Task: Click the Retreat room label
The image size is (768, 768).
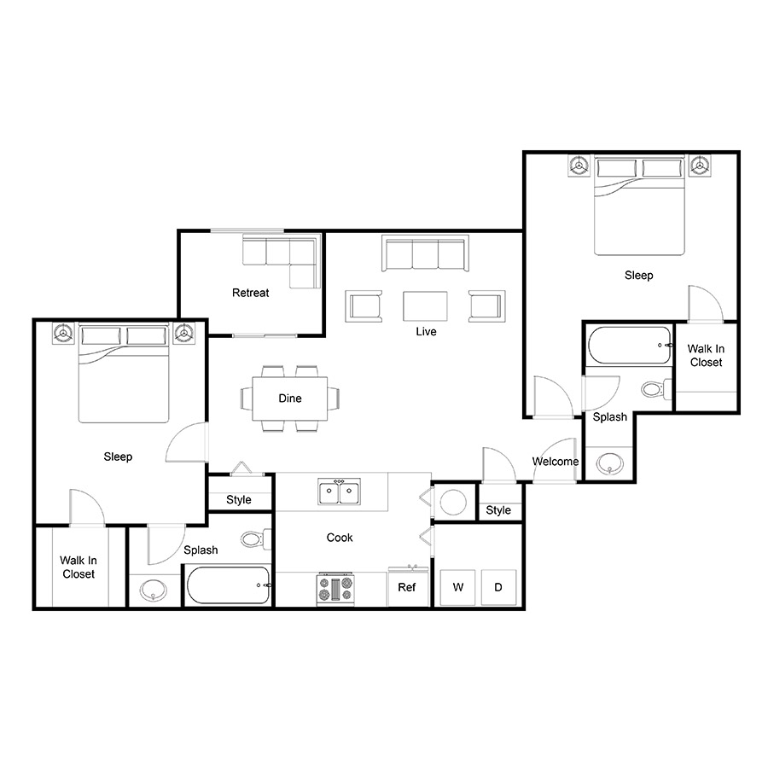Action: point(250,293)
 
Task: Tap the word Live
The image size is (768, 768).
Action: point(426,332)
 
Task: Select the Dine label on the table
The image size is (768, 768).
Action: point(290,399)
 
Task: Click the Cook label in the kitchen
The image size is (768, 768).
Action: point(340,538)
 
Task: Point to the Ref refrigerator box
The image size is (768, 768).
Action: point(407,587)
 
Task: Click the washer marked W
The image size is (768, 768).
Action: point(458,587)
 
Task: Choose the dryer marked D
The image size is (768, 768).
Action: point(498,587)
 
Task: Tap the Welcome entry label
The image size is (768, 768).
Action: point(556,462)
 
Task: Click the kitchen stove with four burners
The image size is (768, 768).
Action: point(335,589)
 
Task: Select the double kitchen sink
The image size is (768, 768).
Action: point(339,492)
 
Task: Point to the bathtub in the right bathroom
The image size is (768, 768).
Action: point(630,346)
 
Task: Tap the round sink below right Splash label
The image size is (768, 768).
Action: point(610,463)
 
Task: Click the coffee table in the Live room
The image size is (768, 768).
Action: point(425,306)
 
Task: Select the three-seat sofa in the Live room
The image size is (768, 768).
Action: point(425,253)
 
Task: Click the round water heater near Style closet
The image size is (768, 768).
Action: point(453,502)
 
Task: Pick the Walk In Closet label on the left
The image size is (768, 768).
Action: point(79,567)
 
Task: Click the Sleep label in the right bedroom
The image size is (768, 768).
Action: point(638,276)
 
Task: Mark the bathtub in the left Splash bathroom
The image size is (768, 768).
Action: point(228,585)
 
